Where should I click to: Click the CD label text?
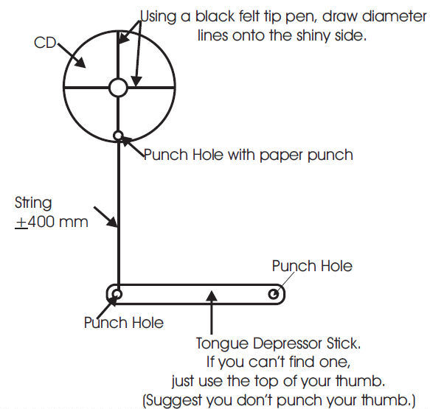point(45,43)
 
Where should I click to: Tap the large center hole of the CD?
point(118,88)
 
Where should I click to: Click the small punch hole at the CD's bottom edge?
point(118,136)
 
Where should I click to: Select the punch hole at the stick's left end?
point(117,295)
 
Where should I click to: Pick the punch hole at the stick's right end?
point(274,294)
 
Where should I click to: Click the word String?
point(33,203)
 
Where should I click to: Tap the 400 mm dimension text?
point(58,222)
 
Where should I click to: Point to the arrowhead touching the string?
point(113,221)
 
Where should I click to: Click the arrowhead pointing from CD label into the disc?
point(80,62)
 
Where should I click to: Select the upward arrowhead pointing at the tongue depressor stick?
point(211,296)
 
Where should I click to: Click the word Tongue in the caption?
point(222,344)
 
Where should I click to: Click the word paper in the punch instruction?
point(282,156)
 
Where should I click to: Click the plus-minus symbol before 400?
point(21,222)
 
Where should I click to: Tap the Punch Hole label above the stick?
point(312,266)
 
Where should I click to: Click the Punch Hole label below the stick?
point(124,323)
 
